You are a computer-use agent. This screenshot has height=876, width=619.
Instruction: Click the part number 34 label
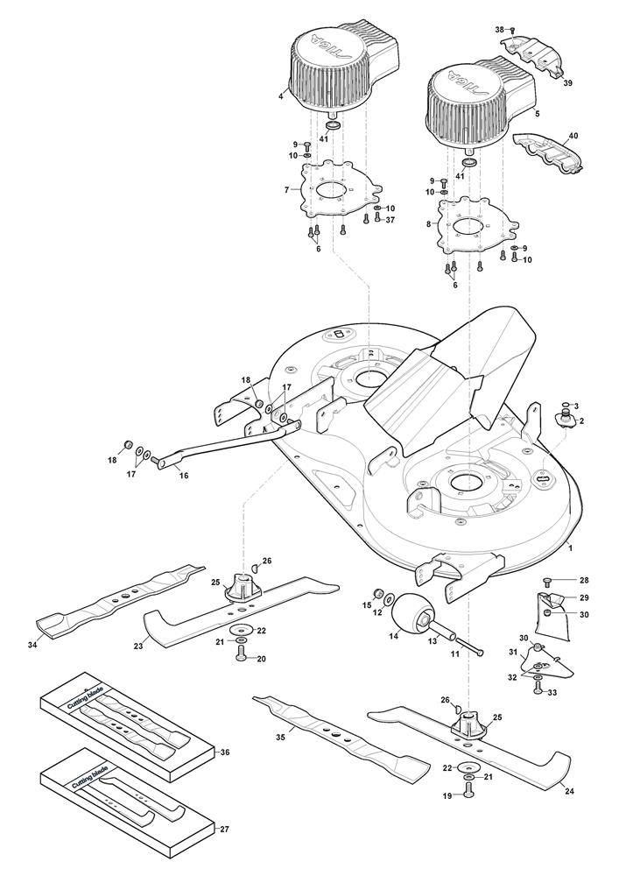33,646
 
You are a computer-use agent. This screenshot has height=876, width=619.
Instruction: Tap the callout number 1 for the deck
571,547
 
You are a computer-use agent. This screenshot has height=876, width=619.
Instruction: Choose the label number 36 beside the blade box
224,752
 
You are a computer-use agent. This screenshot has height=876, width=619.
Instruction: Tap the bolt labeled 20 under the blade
239,656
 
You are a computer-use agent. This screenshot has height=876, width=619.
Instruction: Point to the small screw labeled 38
512,31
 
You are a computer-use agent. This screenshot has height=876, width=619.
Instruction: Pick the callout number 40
574,137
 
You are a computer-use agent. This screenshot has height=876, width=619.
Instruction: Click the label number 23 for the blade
137,646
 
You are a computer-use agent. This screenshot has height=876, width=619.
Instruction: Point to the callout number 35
280,738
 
